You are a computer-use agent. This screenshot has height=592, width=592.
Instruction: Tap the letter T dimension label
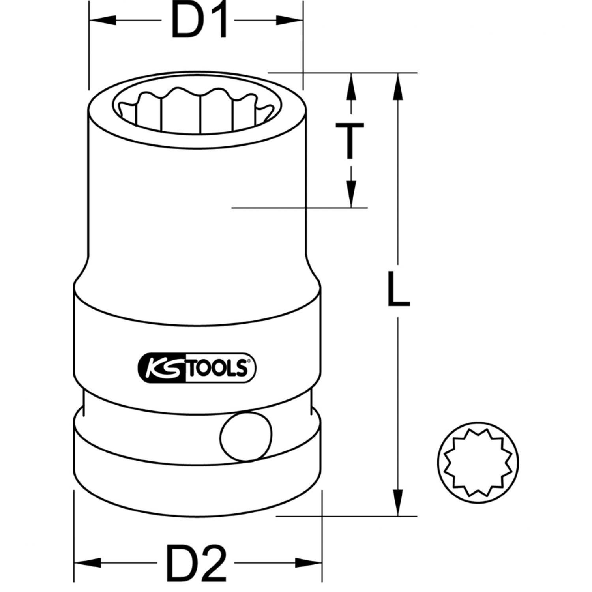click(x=350, y=140)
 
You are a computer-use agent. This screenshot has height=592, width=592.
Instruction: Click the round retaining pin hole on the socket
click(x=246, y=436)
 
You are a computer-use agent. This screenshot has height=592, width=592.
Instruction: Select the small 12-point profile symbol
click(x=478, y=462)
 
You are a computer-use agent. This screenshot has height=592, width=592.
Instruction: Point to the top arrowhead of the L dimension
click(x=398, y=85)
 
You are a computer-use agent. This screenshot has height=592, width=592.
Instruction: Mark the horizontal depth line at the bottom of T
click(x=300, y=207)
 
